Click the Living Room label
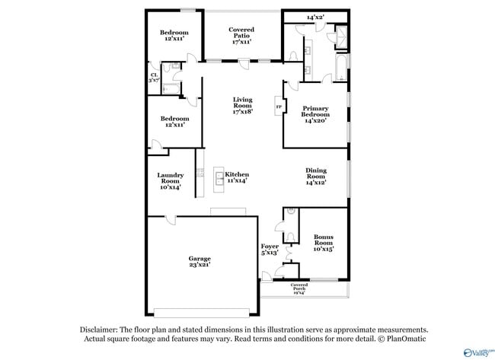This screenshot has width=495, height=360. click(x=242, y=106)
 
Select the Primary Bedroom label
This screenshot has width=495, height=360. click(x=315, y=114)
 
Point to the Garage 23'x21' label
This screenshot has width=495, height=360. click(x=200, y=261)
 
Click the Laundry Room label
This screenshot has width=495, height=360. click(x=171, y=180)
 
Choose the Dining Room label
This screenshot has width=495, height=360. click(x=315, y=176)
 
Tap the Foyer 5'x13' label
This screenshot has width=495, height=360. click(x=270, y=249)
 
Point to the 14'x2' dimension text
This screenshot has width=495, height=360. click(x=315, y=17)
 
